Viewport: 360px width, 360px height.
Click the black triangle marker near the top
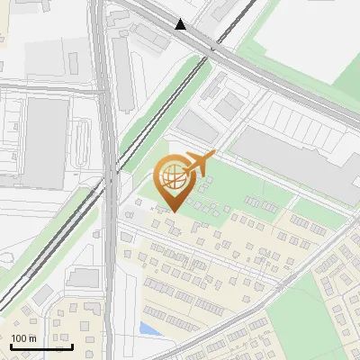[x=182, y=24]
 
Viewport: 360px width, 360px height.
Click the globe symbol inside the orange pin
[x=172, y=175]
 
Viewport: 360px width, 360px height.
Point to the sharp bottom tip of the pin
[x=172, y=211]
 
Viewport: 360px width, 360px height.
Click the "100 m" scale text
[x=24, y=338]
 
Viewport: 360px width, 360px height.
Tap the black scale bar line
[x=41, y=346]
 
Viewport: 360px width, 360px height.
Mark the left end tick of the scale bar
[x=11, y=345]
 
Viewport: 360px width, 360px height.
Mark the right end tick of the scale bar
[x=72, y=345]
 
